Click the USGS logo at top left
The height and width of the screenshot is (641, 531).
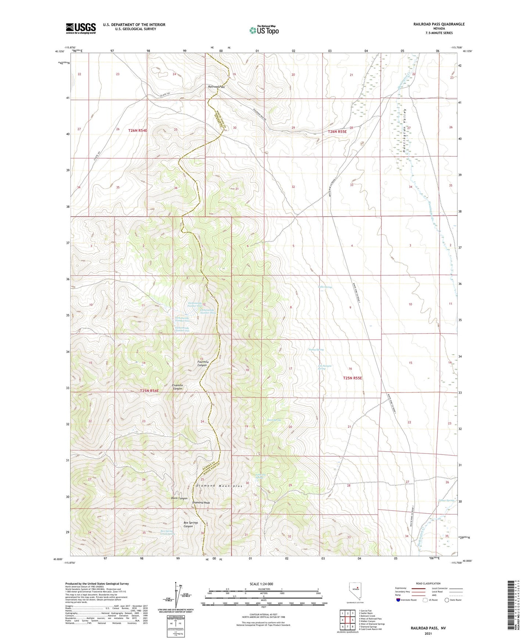click(x=81, y=28)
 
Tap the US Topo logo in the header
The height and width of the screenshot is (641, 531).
click(x=263, y=30)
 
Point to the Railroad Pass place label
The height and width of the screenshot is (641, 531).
click(x=216, y=87)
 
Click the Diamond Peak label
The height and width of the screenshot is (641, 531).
click(x=201, y=503)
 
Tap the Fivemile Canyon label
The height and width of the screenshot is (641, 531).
click(x=177, y=387)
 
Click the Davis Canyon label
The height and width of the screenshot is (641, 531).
click(x=179, y=498)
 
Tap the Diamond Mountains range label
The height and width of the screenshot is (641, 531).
click(x=219, y=486)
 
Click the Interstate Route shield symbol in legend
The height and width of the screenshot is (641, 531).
click(x=398, y=600)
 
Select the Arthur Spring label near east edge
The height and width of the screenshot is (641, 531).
click(x=446, y=500)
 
